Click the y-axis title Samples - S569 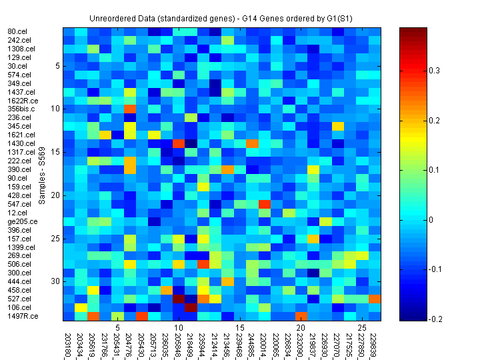point(42,175)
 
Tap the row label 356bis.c point(19,109)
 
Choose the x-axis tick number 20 point(300,328)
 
